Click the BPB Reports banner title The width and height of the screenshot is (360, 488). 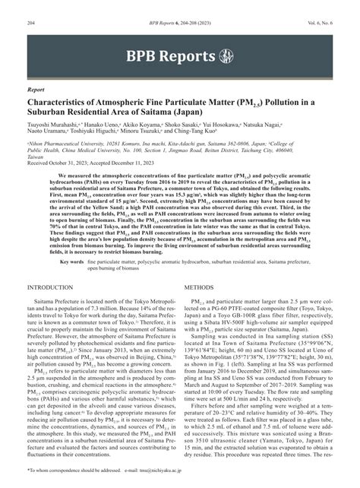(x=170, y=56)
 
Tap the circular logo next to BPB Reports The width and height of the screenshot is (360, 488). (x=225, y=56)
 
